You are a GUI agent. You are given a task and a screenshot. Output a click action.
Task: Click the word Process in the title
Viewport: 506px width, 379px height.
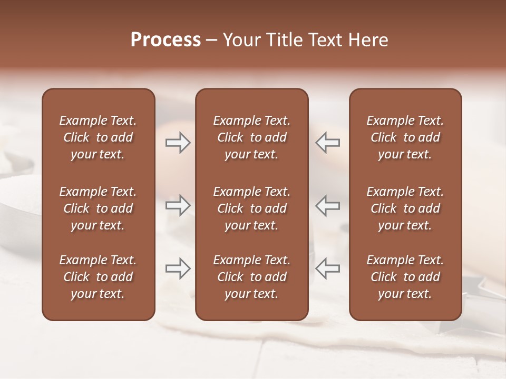click(166, 40)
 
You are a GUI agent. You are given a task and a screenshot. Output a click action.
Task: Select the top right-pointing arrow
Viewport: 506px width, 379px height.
click(178, 143)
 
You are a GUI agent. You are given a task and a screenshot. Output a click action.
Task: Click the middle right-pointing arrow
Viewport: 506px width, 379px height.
click(178, 205)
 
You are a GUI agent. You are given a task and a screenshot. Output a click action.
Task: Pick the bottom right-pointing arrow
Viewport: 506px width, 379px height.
click(178, 268)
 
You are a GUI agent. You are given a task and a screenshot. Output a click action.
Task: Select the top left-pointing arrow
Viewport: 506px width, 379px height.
click(327, 143)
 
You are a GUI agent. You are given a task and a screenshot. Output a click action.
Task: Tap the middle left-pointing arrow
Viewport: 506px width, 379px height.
click(327, 205)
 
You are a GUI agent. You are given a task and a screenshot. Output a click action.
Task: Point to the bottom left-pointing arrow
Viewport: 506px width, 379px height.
click(327, 268)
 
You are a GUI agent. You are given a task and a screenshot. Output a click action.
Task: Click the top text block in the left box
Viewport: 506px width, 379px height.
click(98, 137)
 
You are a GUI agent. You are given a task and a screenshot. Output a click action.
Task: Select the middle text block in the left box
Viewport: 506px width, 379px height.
click(98, 208)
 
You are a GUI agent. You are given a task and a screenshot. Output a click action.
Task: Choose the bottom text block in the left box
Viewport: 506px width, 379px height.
click(98, 277)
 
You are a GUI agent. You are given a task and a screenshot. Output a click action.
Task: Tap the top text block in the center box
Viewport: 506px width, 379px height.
click(252, 137)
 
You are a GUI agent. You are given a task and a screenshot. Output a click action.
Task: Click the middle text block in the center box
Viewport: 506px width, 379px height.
click(252, 208)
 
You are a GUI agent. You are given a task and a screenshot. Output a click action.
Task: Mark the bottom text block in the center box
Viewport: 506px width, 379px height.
click(252, 277)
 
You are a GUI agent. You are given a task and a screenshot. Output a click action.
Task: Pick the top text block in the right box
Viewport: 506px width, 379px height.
click(405, 137)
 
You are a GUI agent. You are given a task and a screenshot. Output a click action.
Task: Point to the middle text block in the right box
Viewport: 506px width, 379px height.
click(405, 208)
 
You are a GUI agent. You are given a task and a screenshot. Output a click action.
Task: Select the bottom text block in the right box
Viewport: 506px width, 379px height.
click(405, 277)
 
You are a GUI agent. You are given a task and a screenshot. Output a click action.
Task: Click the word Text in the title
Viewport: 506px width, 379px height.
click(324, 40)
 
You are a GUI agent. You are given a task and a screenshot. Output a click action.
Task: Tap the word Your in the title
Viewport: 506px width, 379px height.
click(241, 40)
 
